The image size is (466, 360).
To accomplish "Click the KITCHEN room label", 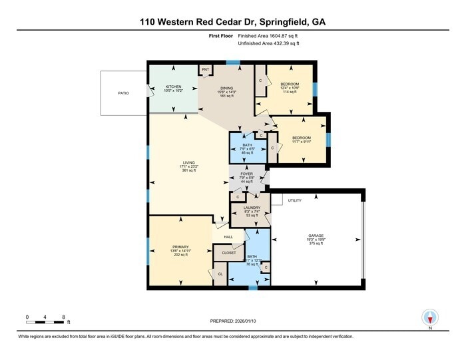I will [x=173, y=87].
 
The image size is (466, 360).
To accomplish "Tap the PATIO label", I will [x=123, y=93].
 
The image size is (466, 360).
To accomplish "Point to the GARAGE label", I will [x=316, y=236].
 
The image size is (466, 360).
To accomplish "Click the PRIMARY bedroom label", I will [x=180, y=247].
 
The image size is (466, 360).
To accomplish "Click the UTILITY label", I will [x=295, y=200].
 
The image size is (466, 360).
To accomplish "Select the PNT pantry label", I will [x=206, y=69].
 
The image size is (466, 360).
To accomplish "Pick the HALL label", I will [x=228, y=236].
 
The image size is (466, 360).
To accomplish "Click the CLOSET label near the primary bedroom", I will [x=229, y=253].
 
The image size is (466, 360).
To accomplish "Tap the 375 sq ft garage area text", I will [x=316, y=244].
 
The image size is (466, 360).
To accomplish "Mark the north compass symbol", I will [x=431, y=317].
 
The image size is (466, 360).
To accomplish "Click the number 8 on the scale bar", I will [x=63, y=316].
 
